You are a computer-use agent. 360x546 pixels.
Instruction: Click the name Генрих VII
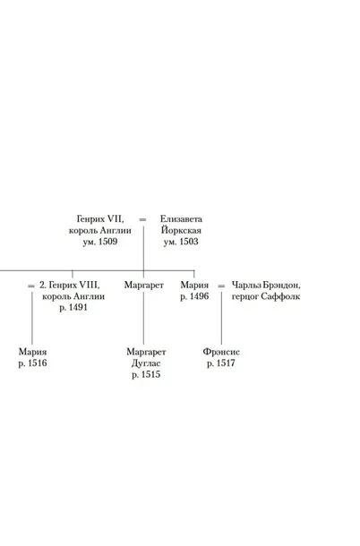pos(99,219)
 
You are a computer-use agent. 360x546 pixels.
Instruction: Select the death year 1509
pos(108,242)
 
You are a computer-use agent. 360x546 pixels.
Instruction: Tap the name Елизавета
pos(181,219)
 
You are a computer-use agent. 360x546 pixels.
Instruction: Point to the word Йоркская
pos(181,230)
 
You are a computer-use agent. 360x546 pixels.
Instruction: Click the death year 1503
pos(189,242)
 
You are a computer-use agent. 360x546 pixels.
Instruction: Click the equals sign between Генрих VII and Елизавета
pos(142,219)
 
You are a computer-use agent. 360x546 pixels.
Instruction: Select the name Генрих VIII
pos(74,286)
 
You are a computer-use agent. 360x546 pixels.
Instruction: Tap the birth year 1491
pos(78,308)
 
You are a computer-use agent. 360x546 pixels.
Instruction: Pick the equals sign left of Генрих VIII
pos(31,286)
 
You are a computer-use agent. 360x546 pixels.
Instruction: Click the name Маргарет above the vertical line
pos(143,286)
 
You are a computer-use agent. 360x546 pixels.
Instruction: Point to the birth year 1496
pos(199,296)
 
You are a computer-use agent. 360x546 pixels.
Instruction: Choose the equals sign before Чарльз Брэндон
pos(221,286)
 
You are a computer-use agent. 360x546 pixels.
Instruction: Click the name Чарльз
pos(246,286)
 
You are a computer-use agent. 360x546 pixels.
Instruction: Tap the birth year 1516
pos(38,363)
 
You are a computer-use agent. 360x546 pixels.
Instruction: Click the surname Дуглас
pos(146,363)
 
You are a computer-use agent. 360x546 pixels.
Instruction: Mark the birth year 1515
pos(151,375)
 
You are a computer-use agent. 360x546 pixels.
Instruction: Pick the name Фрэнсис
pos(221,352)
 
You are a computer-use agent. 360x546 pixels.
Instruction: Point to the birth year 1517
pos(226,363)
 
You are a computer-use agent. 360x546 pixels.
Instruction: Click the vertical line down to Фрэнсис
pos(221,319)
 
